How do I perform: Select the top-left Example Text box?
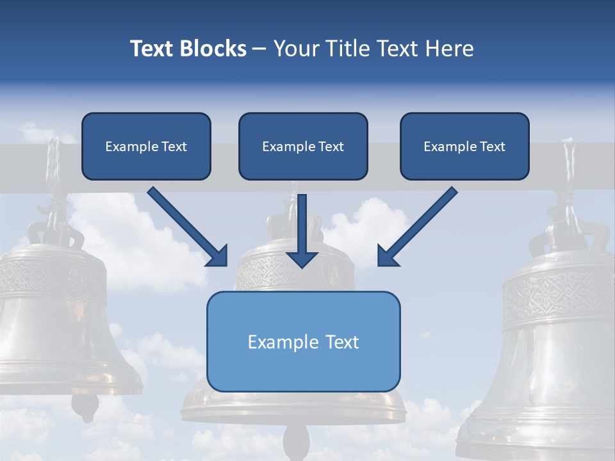coord(146,146)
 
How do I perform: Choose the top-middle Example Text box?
coord(303,146)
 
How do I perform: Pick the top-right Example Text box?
coord(464,146)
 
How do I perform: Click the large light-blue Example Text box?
coord(303,341)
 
